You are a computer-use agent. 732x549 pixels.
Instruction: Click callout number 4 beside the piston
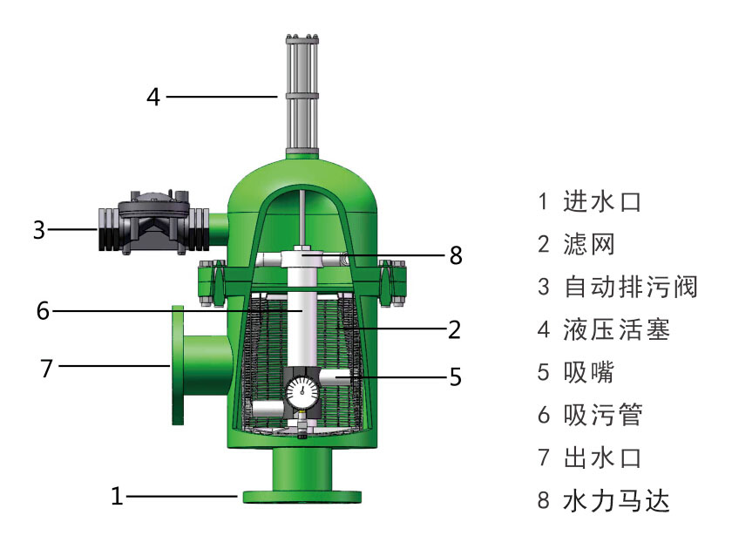tap(153, 96)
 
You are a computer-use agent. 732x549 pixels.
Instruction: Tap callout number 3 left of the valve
tap(38, 230)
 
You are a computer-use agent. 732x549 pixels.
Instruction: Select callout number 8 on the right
tap(455, 255)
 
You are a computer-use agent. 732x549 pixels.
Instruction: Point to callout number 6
tap(42, 309)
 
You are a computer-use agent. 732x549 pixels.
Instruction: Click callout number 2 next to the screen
tap(454, 329)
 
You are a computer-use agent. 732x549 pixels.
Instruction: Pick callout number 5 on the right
tap(455, 377)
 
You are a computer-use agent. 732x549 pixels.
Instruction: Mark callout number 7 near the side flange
tap(47, 368)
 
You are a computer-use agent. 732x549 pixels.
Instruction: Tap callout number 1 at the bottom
tap(118, 497)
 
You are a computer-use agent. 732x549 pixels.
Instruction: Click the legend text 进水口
tap(602, 202)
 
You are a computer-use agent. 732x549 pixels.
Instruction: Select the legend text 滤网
tap(589, 245)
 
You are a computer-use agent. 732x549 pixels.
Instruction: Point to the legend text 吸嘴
tap(589, 372)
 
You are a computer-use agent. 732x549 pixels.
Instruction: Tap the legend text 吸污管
tap(602, 415)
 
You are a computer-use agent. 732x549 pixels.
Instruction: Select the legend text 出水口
tap(602, 457)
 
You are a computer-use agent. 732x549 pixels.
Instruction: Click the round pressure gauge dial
tap(302, 390)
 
